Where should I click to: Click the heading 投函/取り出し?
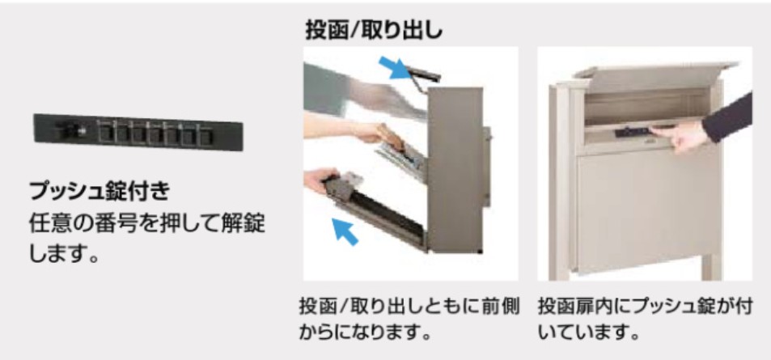pos(375,31)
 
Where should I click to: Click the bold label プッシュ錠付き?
pos(100,191)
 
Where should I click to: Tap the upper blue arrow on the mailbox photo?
pos(394,67)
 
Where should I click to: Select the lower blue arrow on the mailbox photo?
pos(345,231)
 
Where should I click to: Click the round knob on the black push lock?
pos(78,131)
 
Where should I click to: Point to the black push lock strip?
pos(138,133)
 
